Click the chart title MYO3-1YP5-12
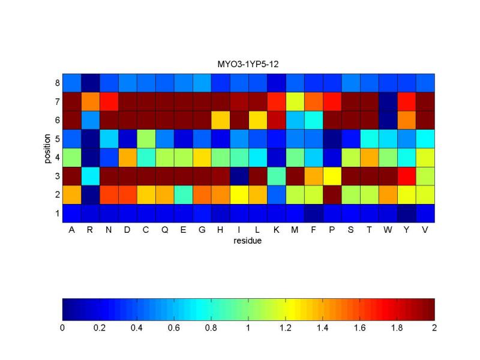248,65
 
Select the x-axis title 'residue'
248,241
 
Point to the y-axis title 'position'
47,148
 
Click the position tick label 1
57,213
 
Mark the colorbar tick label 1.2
286,329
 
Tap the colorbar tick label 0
62,329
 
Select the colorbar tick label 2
434,329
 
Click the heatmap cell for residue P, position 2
332,194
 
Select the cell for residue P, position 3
332,176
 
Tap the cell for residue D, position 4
127,157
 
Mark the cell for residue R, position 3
90,176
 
